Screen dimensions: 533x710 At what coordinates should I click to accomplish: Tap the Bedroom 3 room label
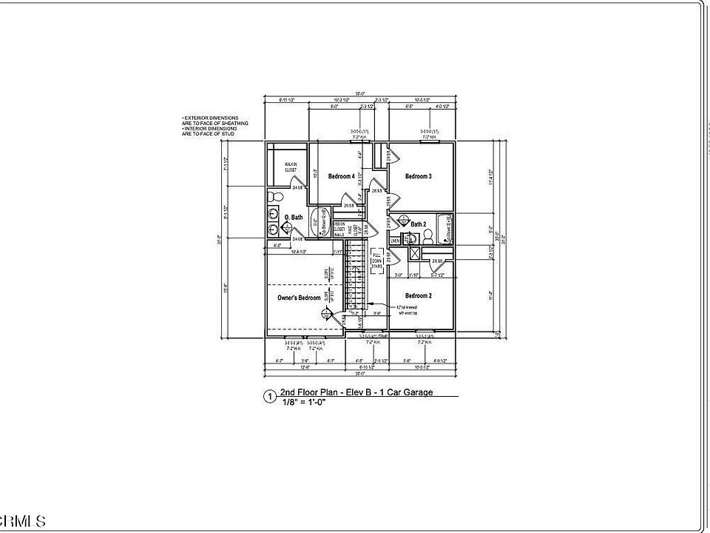coord(418,176)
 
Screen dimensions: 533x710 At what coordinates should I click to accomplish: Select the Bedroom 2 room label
coord(419,295)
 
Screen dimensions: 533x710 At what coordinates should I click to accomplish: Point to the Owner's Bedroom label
coord(300,298)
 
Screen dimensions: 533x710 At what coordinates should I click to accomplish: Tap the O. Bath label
coord(294,217)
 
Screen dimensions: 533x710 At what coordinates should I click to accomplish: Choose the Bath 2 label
coord(419,224)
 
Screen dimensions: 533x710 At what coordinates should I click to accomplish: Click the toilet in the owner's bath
coord(274,196)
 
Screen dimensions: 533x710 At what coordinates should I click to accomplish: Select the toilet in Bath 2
coord(427,237)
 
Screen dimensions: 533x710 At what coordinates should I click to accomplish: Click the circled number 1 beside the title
coord(270,397)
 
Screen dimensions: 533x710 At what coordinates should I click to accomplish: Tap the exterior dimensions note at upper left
coord(215,125)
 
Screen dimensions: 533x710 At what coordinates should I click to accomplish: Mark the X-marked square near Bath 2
coord(416,252)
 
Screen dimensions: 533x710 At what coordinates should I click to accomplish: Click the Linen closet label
coord(396,241)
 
